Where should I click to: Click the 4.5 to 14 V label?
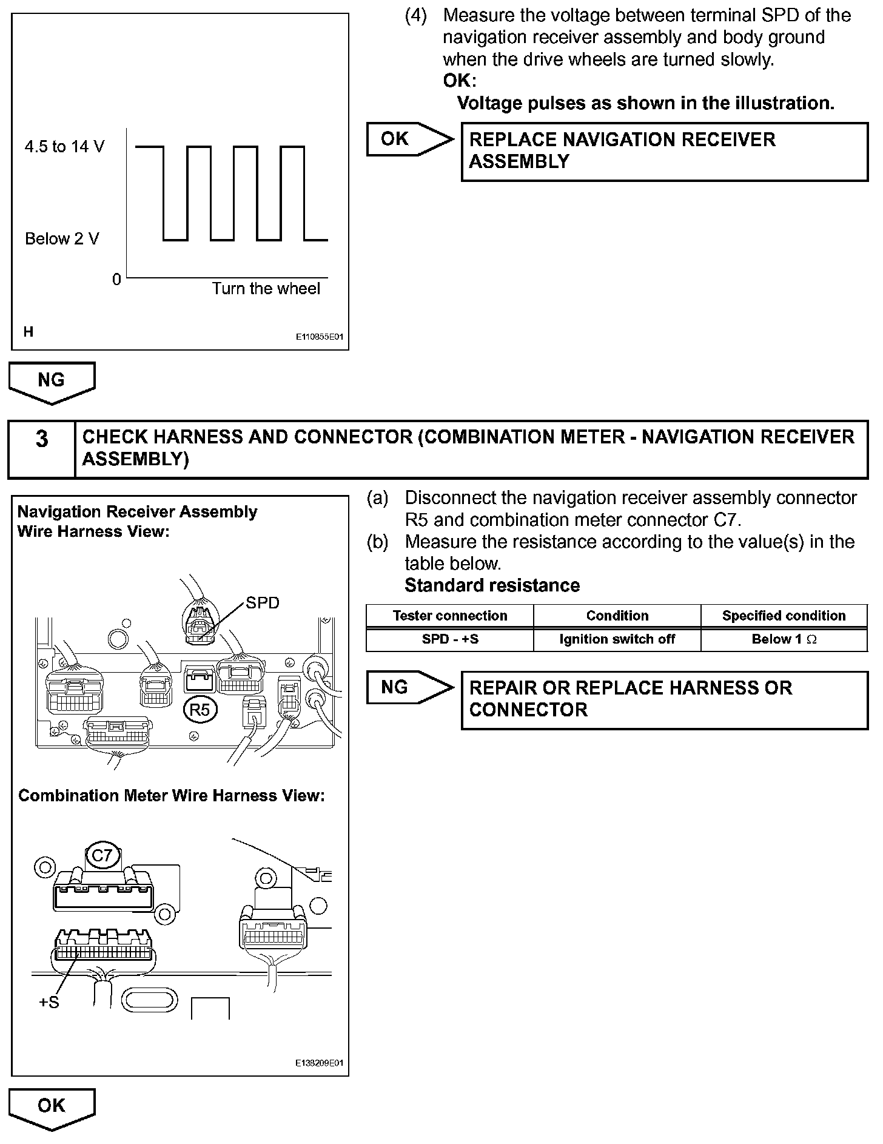coord(64,147)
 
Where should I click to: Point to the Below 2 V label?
coord(62,239)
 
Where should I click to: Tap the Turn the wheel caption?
coord(266,289)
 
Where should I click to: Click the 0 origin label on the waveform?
coord(116,280)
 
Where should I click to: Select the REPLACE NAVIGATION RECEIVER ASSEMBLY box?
coord(664,151)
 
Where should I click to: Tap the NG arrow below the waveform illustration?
coord(52,382)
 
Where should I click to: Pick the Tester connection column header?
coord(450,616)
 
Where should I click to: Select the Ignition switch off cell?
coord(617,639)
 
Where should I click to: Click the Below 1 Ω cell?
coord(784,639)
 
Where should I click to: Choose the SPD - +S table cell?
coord(450,639)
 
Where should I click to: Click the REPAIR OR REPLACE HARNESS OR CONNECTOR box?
coord(664,699)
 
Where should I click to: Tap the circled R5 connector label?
coord(200,710)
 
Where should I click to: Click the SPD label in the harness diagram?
coord(262,603)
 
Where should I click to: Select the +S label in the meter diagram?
coord(49,1003)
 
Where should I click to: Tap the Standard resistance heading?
coord(492,585)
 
